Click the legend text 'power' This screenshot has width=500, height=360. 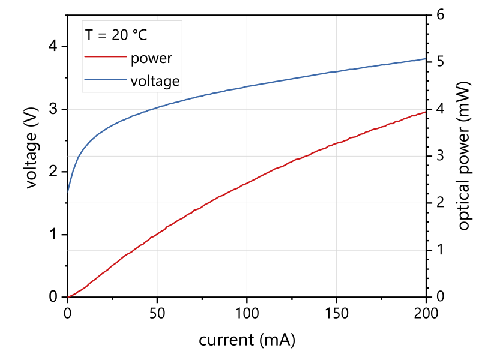[151, 58]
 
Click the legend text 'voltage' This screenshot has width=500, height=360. [155, 80]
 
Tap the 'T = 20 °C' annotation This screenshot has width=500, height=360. [115, 35]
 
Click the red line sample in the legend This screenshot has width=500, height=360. [105, 58]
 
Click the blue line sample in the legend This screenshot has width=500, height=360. [105, 80]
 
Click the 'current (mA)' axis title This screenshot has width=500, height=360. [247, 340]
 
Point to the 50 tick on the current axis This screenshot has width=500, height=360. [157, 313]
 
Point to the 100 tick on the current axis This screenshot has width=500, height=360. [247, 313]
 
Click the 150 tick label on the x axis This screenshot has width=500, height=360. [336, 313]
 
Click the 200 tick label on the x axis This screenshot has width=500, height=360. [426, 313]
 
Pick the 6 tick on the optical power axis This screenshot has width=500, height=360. [440, 15]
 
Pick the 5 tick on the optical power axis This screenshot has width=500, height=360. [440, 62]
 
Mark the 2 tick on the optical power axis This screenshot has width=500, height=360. [440, 203]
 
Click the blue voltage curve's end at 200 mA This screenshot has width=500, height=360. [426, 59]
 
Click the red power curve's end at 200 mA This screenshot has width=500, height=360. [426, 112]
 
